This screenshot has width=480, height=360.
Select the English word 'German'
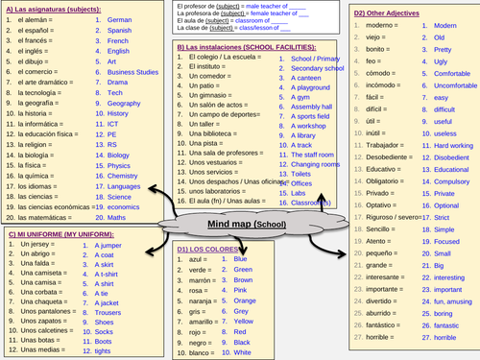click(x=119, y=19)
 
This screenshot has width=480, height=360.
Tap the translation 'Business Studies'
click(x=132, y=71)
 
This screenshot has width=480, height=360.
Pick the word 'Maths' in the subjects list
click(x=116, y=217)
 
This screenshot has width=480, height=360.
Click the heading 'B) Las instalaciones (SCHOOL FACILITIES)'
click(x=244, y=46)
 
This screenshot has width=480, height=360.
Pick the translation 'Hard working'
click(x=434, y=144)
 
